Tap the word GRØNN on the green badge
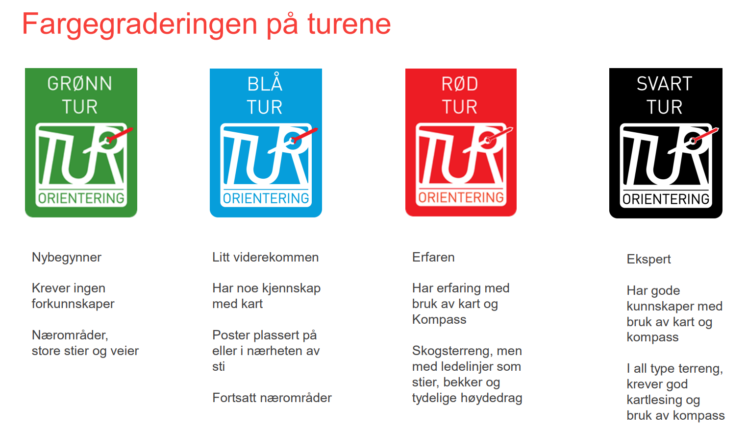coord(80,84)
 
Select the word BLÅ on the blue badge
coord(265,82)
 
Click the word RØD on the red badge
coord(460,84)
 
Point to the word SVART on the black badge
coord(664,84)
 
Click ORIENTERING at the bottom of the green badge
coord(81,198)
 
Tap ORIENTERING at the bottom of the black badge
coord(666,199)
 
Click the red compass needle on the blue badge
coord(305,135)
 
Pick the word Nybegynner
coord(66,258)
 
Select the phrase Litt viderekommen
coord(266,257)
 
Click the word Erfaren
coord(433,257)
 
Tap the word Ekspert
coord(648,260)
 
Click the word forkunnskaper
coord(73,304)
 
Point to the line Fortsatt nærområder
coord(272,398)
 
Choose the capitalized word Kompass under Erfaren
coord(439,320)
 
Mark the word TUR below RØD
coord(460,107)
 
